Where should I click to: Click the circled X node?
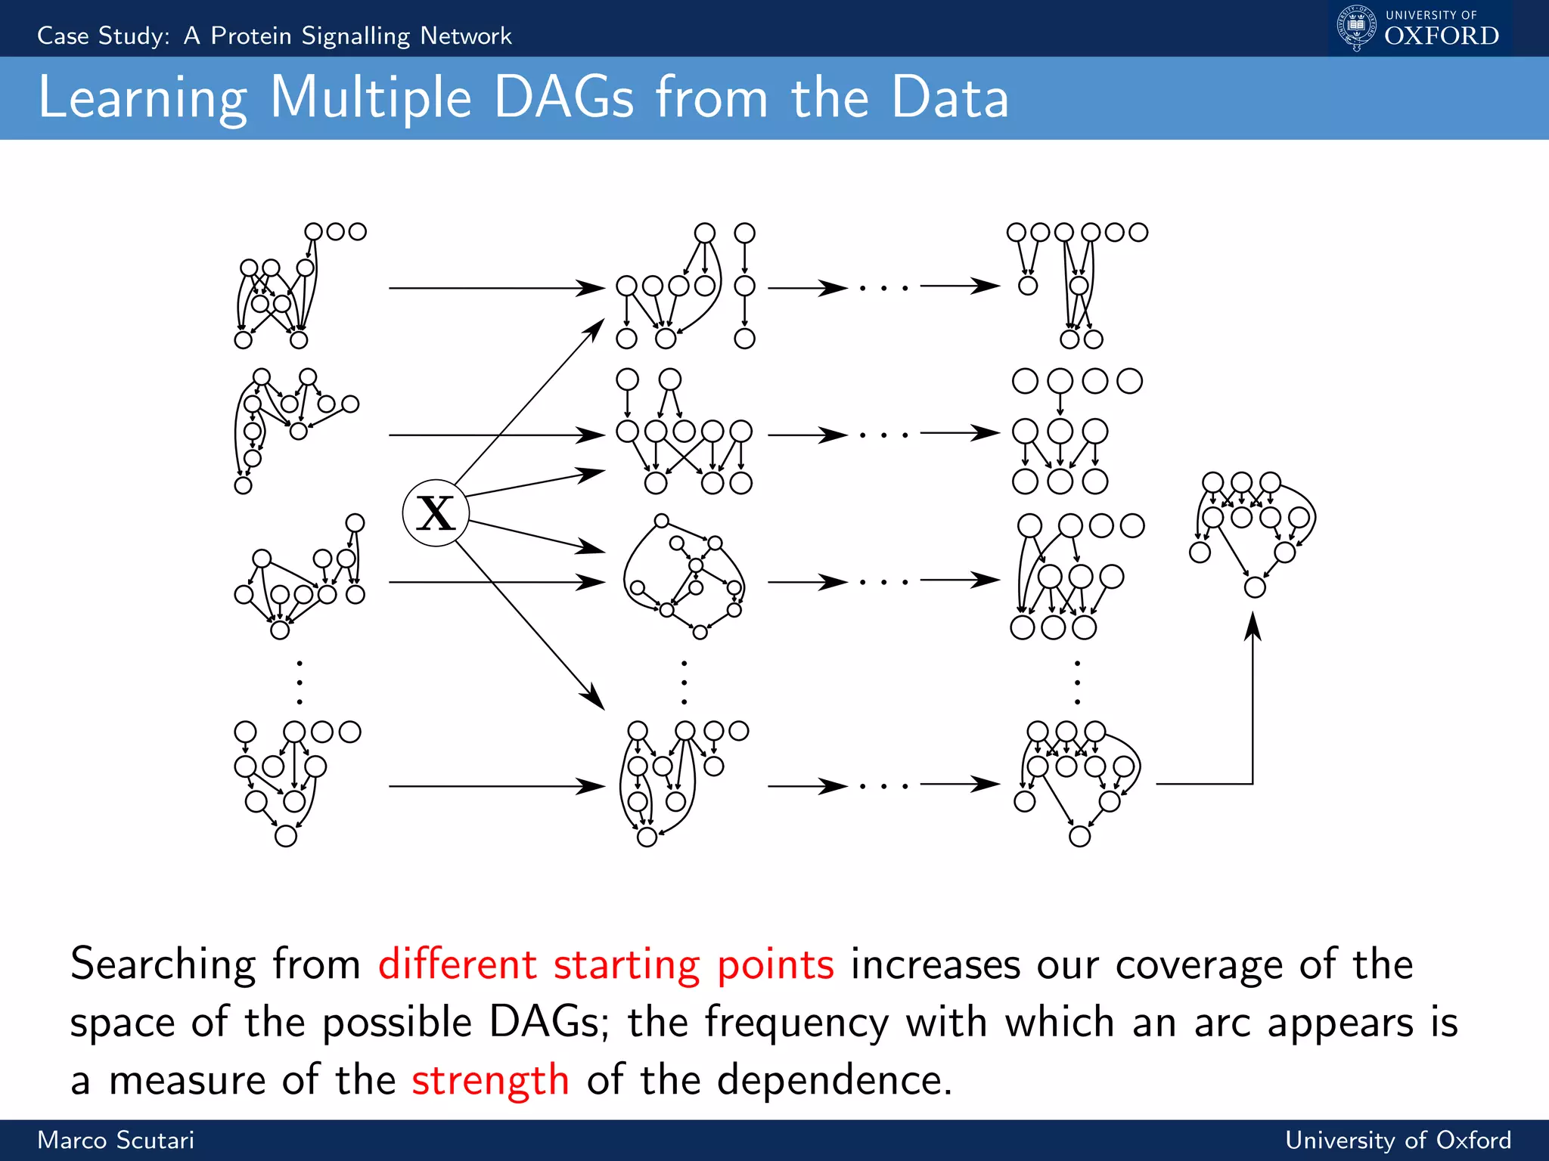(x=436, y=513)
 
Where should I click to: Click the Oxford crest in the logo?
(x=1356, y=28)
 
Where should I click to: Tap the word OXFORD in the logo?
(x=1442, y=36)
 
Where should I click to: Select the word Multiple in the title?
(x=371, y=98)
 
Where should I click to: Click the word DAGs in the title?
(x=563, y=98)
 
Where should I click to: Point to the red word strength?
(x=490, y=1079)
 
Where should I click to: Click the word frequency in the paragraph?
(x=796, y=1023)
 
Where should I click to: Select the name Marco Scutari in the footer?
(x=116, y=1140)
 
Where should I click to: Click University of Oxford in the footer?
(x=1398, y=1140)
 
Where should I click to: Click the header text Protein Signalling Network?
(x=361, y=36)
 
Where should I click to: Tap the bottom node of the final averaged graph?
(x=1255, y=587)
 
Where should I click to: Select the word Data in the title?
(x=950, y=98)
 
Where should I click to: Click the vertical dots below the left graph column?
(x=300, y=683)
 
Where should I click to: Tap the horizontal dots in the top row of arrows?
(x=883, y=288)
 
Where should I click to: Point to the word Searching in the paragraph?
(x=163, y=965)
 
